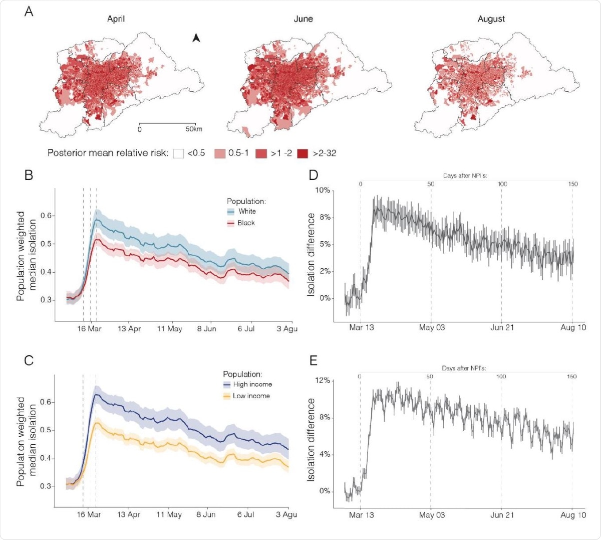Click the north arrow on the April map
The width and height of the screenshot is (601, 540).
(196, 38)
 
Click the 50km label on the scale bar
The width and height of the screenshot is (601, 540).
(194, 129)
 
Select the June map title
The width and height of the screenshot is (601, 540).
(303, 19)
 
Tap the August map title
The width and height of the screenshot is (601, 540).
(491, 19)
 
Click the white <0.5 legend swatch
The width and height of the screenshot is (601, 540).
(179, 153)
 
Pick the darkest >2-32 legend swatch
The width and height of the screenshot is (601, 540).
(303, 153)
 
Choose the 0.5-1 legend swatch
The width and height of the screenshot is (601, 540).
(220, 153)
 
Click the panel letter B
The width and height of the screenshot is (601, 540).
(29, 175)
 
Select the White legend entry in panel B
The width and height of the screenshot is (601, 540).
(247, 211)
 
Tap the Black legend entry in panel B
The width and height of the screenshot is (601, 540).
(246, 223)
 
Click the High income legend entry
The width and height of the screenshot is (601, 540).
(252, 384)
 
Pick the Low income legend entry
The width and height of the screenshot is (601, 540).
(251, 396)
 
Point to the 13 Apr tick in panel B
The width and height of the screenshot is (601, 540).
(129, 329)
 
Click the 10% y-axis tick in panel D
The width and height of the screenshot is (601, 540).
(323, 191)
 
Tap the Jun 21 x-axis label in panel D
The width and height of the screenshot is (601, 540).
(502, 327)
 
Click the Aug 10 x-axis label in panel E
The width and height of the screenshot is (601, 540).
(573, 515)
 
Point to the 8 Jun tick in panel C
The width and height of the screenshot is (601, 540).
(206, 515)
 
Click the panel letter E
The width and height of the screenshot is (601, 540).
(313, 361)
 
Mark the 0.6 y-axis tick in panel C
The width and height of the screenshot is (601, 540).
(47, 402)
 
